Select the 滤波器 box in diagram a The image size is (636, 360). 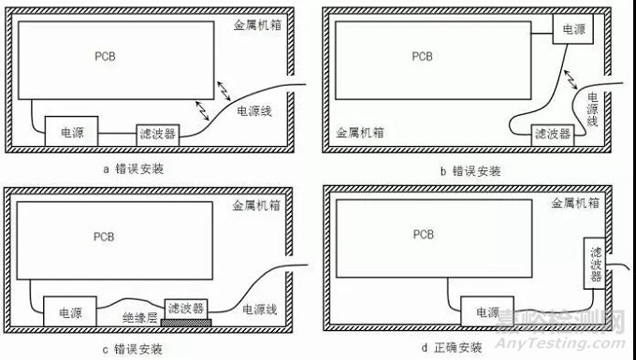[155, 133]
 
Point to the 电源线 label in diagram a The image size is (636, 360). [254, 111]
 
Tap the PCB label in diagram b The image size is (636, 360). [424, 56]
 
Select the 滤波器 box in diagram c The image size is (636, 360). [186, 308]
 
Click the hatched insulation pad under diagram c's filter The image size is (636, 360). [186, 322]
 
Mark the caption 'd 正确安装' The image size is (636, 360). [474, 348]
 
